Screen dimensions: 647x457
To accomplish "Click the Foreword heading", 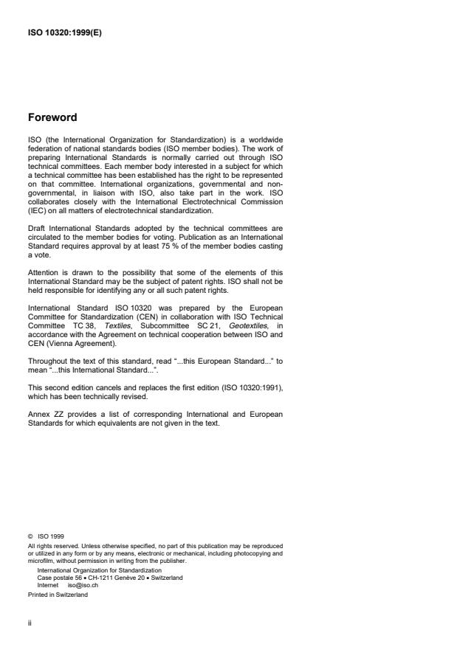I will [53, 117].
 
